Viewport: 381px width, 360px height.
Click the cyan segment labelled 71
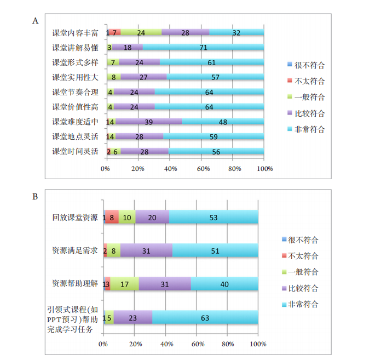tap(203, 48)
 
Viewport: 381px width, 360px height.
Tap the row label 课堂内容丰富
tap(75, 33)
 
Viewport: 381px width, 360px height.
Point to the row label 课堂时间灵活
tap(75, 151)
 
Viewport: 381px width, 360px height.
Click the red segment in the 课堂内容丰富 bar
tap(115, 33)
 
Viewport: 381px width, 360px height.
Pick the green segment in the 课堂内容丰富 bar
tap(141, 33)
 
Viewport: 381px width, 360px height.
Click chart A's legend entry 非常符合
tap(309, 129)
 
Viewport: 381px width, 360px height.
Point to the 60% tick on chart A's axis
tap(202, 169)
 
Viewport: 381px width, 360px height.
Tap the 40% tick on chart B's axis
tap(166, 344)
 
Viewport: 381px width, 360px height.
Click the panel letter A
tap(36, 21)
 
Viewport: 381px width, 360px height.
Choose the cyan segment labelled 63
tap(205, 317)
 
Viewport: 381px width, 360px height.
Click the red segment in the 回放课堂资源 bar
tap(112, 217)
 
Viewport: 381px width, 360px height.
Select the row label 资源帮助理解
tap(74, 283)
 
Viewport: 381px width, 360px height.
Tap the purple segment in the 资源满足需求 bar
tap(146, 250)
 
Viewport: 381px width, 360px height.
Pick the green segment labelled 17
tap(125, 284)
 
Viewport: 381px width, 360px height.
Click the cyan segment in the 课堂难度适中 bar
tap(223, 122)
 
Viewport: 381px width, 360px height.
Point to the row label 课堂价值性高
tap(75, 107)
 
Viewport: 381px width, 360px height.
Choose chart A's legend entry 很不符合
tap(309, 65)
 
